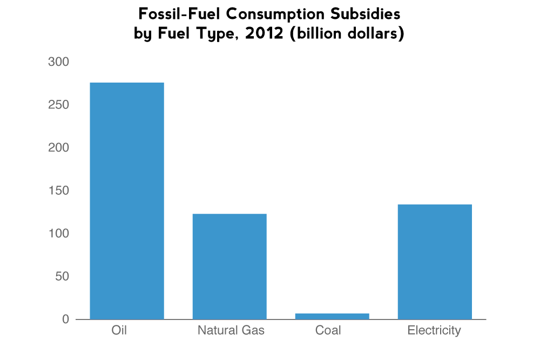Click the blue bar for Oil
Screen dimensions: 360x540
(127, 201)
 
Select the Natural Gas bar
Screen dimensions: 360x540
(230, 266)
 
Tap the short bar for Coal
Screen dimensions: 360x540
(332, 316)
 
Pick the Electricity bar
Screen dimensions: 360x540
(435, 261)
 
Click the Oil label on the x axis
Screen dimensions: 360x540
(119, 330)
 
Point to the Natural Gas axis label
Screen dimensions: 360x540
(231, 330)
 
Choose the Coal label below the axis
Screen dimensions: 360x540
(328, 330)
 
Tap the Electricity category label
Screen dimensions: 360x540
(434, 330)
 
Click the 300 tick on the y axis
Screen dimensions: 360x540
(58, 62)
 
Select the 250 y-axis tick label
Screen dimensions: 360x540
(58, 105)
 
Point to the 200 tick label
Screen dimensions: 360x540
(58, 148)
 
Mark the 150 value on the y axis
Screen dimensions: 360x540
(58, 191)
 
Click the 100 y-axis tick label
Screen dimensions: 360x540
(58, 234)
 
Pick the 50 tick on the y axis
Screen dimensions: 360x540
(62, 276)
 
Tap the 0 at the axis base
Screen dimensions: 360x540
(65, 320)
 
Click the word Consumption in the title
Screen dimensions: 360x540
(270, 13)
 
